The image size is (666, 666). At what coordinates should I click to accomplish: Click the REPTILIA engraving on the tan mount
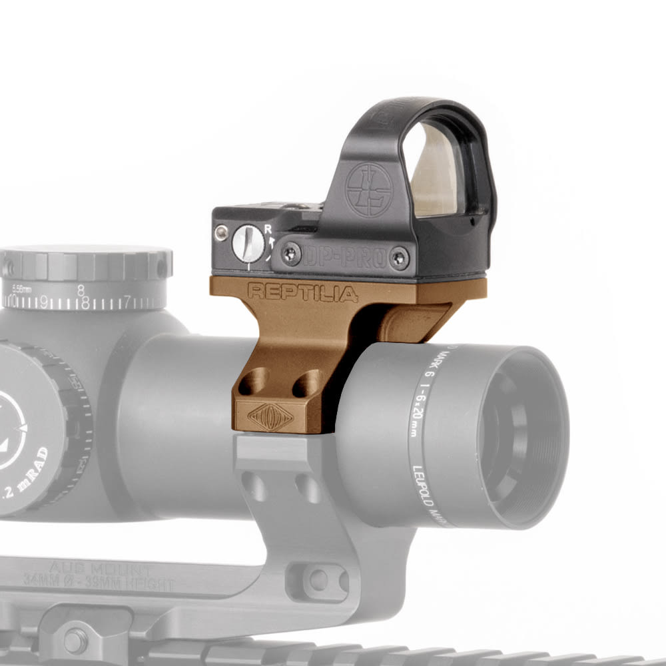click(x=294, y=292)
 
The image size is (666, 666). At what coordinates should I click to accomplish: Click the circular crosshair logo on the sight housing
click(x=368, y=189)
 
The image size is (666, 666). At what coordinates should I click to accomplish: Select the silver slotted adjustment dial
click(x=248, y=243)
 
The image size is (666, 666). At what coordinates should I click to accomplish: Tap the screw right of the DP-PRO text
click(x=399, y=258)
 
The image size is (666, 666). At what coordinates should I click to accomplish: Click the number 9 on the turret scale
click(x=45, y=302)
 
